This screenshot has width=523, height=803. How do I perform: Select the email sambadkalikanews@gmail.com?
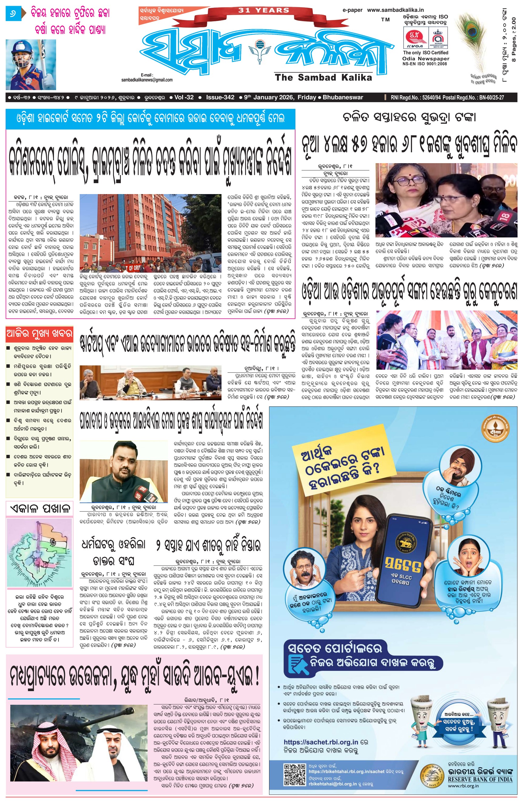[x=147, y=80]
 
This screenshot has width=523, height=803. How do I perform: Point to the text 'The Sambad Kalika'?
[x=323, y=77]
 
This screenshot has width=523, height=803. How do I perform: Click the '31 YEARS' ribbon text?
[x=264, y=10]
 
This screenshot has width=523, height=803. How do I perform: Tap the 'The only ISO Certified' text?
[x=425, y=53]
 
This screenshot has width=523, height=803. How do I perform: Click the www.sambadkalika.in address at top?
[x=395, y=10]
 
